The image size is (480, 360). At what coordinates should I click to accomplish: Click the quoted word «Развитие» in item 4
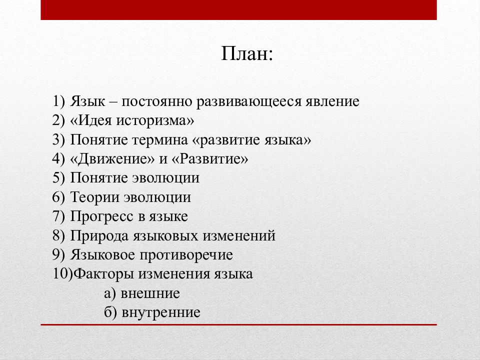(210, 159)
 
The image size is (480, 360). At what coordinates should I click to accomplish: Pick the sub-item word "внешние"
(149, 293)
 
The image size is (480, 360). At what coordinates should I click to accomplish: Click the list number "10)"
(62, 274)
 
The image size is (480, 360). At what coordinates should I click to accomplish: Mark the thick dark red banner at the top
(238, 10)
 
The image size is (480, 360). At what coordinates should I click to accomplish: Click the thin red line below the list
(238, 325)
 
